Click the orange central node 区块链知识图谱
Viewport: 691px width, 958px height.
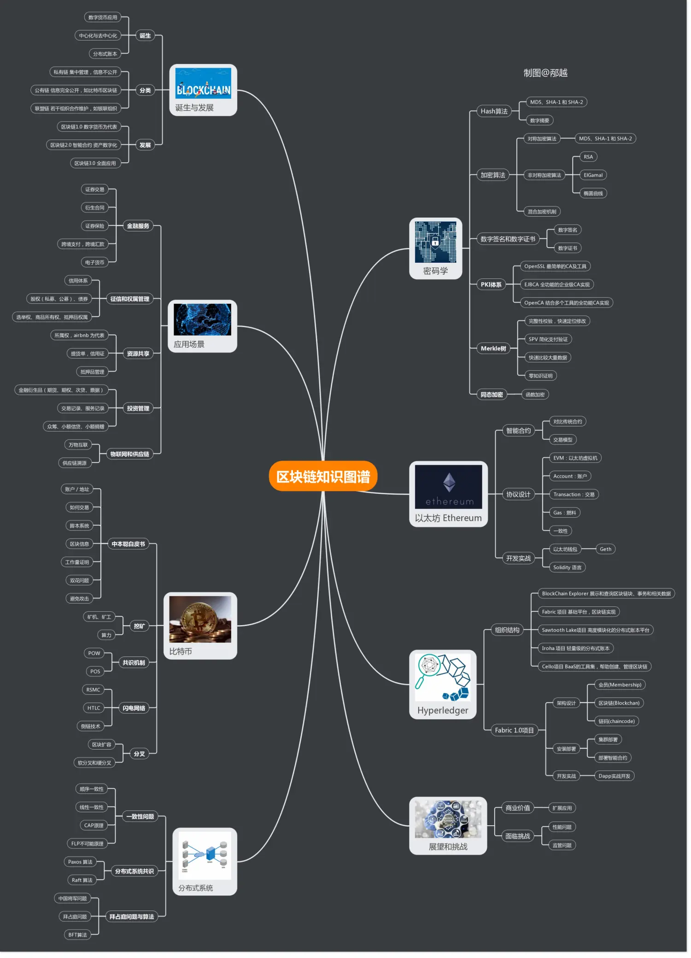(323, 476)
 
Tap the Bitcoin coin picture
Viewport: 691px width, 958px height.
(200, 619)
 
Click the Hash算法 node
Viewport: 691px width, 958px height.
(494, 111)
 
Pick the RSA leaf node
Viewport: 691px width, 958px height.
(588, 157)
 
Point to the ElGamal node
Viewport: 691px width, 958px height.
(593, 175)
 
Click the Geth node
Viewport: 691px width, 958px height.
(605, 549)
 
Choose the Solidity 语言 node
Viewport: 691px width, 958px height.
(567, 568)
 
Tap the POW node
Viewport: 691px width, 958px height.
(94, 653)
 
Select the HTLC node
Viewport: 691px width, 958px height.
(94, 708)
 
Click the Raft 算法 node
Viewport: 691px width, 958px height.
(82, 880)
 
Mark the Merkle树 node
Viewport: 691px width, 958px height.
(493, 349)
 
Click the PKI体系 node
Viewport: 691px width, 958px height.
(491, 284)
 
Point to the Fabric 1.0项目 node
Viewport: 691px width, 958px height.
(514, 730)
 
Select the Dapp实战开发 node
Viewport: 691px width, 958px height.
(614, 776)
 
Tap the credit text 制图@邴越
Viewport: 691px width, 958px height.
(545, 73)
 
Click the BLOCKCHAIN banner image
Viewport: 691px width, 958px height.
(203, 83)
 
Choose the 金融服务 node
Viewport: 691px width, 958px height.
(138, 226)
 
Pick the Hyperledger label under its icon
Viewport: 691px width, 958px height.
(443, 710)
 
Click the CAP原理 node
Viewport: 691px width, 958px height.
(94, 825)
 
